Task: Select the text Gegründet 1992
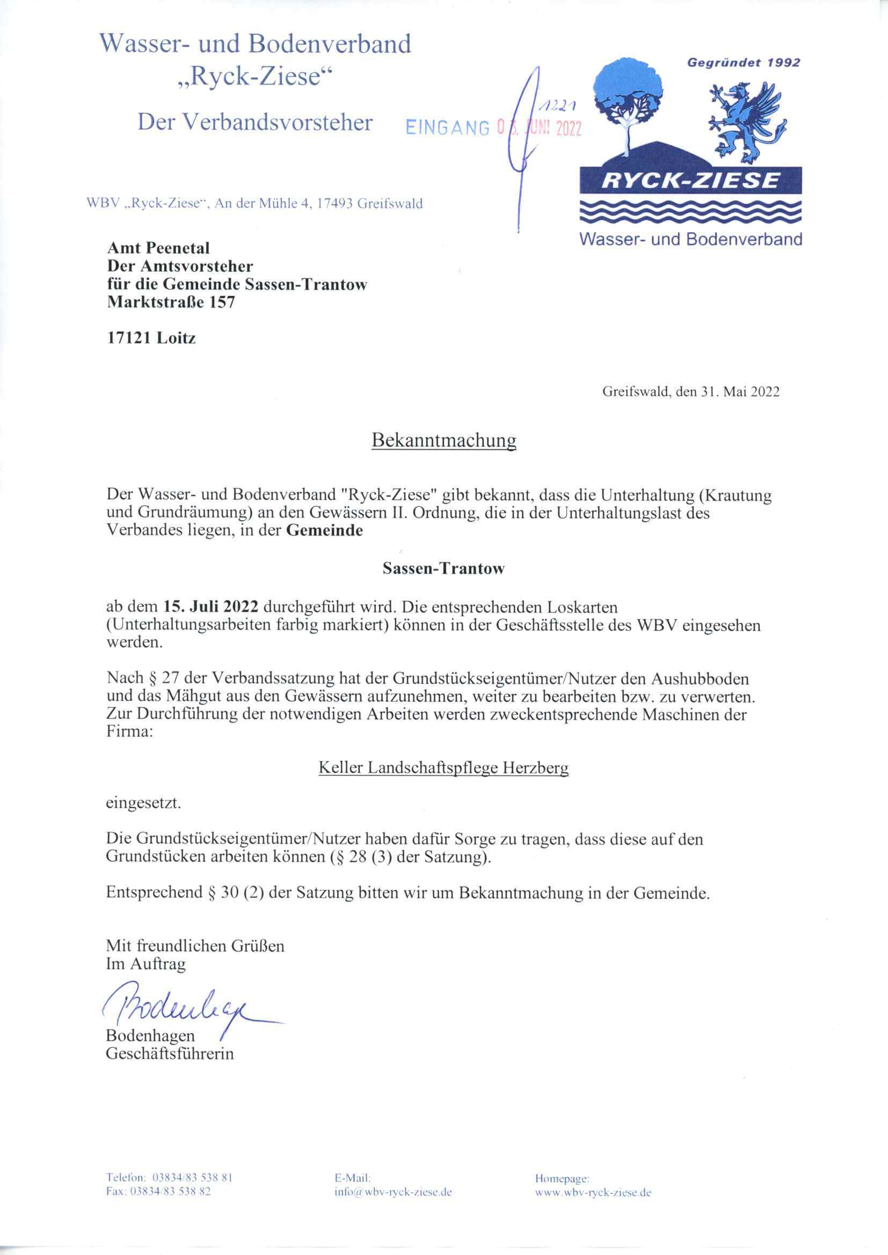(743, 62)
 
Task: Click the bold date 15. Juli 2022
(210, 607)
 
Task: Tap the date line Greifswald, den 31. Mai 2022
(690, 391)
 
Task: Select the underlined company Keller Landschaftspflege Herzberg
(443, 768)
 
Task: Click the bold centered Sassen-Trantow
(443, 568)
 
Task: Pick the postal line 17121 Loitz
(151, 338)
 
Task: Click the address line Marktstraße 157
(171, 302)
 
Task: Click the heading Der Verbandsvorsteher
(255, 122)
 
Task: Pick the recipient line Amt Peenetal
(158, 248)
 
